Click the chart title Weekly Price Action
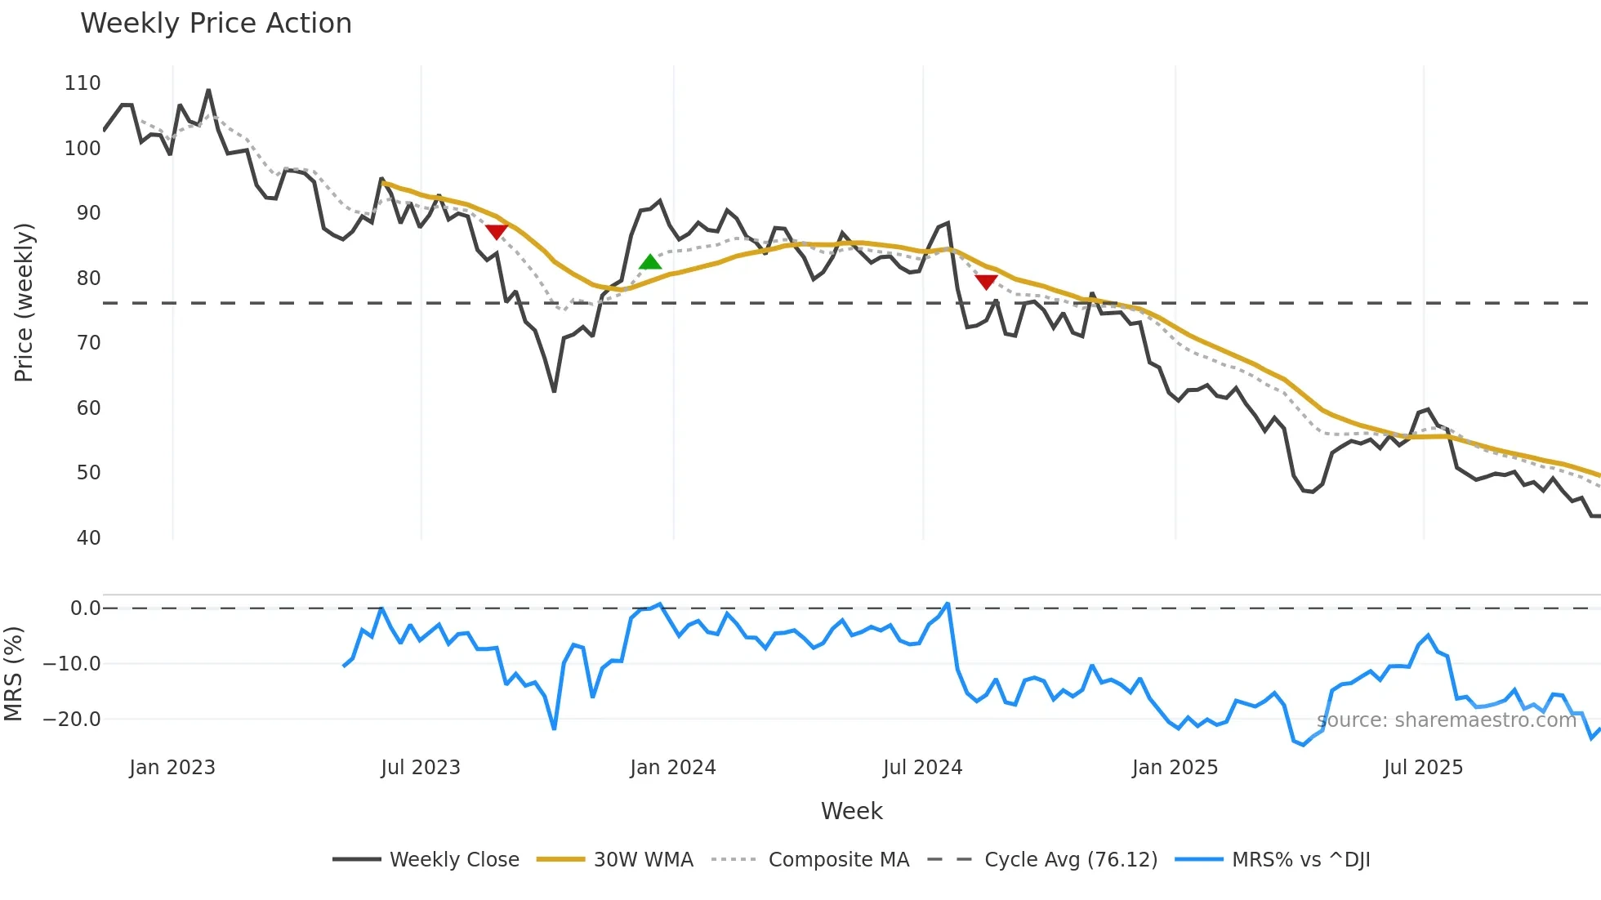(216, 24)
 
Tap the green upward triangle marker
(649, 262)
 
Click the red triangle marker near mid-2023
(497, 232)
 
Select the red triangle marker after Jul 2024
(986, 282)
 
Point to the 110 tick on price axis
(83, 83)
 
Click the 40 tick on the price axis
(88, 538)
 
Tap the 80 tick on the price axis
(88, 278)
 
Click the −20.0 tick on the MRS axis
(72, 720)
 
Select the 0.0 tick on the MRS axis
(85, 608)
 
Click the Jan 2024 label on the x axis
(672, 768)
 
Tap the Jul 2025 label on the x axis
(1422, 768)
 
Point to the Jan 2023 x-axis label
(172, 768)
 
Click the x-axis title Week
(851, 811)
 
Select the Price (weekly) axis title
(25, 302)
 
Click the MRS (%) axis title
(13, 674)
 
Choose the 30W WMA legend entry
(643, 860)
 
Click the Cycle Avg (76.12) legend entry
(1070, 860)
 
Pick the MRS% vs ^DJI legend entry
(1300, 860)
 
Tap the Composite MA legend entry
(838, 860)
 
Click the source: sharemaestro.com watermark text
(1446, 720)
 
